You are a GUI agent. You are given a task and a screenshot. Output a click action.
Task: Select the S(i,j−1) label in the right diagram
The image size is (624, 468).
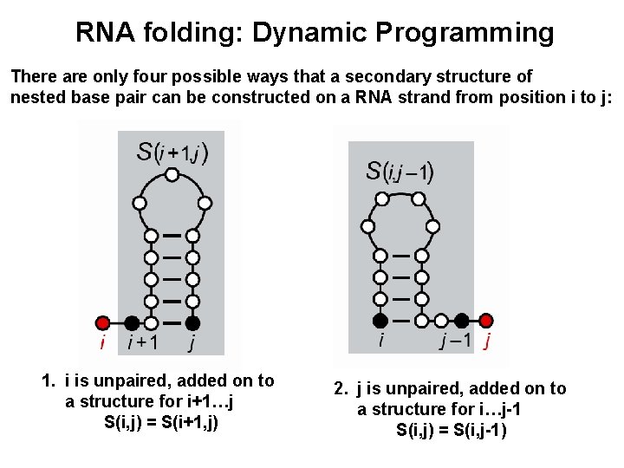click(400, 171)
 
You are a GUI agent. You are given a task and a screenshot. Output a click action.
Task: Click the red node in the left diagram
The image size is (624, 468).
click(102, 322)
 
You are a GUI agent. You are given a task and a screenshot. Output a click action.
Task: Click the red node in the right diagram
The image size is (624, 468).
click(487, 320)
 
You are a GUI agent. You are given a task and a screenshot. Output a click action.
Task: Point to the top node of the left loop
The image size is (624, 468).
click(172, 175)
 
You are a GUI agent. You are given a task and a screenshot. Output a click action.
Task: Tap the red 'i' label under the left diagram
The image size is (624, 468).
click(102, 343)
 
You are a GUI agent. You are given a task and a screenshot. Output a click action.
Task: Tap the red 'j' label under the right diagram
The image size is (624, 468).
click(488, 341)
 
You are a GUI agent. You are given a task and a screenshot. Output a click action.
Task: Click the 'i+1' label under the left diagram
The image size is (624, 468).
click(141, 343)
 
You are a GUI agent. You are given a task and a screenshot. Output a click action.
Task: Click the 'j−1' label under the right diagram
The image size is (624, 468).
click(456, 341)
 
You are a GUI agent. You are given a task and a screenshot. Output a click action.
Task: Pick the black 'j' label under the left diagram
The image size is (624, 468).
click(192, 345)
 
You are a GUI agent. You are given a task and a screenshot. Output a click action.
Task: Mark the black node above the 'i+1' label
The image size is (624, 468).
click(131, 322)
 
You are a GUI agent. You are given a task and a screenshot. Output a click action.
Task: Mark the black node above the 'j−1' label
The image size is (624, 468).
click(463, 320)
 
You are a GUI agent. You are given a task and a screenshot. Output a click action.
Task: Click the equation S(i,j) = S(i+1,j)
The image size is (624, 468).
click(160, 423)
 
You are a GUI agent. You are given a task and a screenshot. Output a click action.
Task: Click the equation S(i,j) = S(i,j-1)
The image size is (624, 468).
click(451, 430)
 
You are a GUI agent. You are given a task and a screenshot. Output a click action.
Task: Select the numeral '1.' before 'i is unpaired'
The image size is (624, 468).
click(49, 380)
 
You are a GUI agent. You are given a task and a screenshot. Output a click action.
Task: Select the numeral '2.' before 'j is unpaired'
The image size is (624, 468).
click(341, 388)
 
